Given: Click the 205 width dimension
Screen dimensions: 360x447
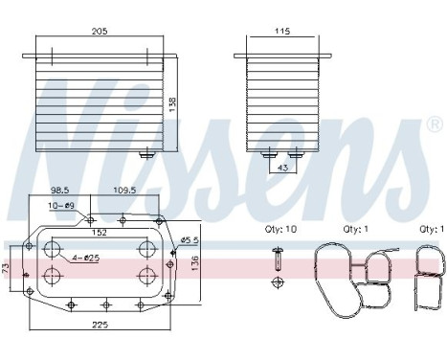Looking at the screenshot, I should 101,32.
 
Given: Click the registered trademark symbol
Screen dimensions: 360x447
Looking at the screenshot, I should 434,125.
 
